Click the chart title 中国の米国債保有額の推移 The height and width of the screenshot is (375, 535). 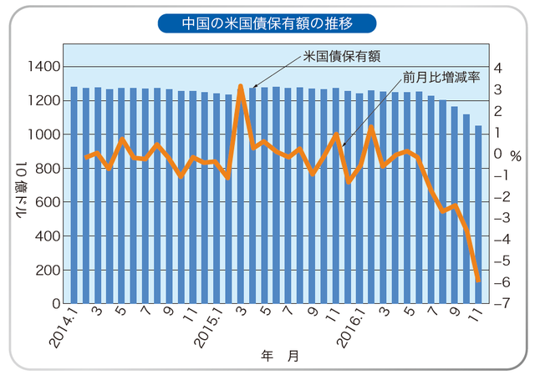(x=267, y=22)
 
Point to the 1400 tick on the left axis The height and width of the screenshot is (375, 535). (x=43, y=66)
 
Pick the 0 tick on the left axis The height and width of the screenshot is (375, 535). (x=55, y=304)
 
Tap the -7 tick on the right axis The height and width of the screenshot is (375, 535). (x=496, y=303)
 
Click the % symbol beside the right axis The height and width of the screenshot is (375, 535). (x=516, y=155)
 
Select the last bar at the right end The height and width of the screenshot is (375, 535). (x=479, y=214)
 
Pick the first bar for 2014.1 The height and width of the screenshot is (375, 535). (x=74, y=194)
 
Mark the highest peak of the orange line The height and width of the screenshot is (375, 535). (x=241, y=86)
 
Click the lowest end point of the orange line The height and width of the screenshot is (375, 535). (x=479, y=281)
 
